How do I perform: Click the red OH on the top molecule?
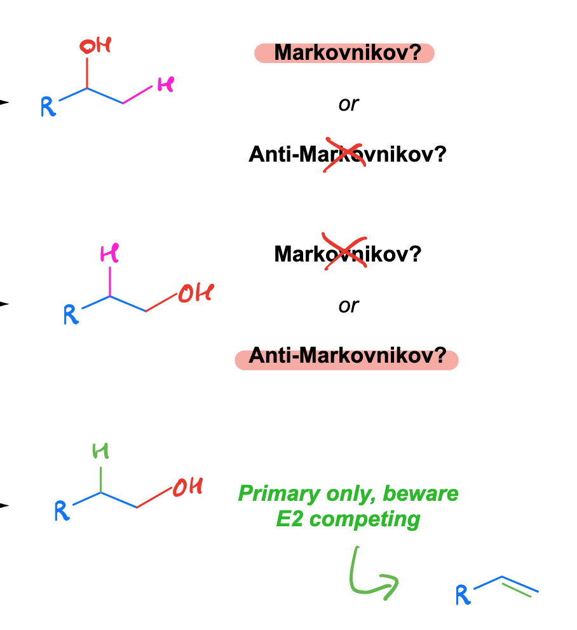[x=95, y=46]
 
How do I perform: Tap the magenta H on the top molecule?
[x=166, y=85]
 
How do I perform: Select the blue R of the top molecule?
[x=48, y=107]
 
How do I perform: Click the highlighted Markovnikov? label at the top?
[x=348, y=53]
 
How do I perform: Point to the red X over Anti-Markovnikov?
[x=344, y=154]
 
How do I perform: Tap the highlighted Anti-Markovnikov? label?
[x=348, y=356]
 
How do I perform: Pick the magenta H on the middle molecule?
[x=109, y=253]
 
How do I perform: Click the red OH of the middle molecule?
[x=196, y=293]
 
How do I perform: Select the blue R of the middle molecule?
[x=71, y=314]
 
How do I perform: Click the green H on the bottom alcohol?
[x=100, y=451]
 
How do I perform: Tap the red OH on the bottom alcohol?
[x=188, y=487]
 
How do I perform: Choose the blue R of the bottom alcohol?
[x=62, y=510]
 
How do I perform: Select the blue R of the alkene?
[x=463, y=595]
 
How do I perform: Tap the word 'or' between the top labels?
[x=348, y=104]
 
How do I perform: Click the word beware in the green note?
[x=421, y=493]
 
